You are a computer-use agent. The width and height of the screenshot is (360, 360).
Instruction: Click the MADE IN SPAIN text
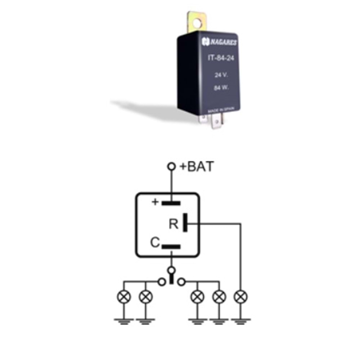point(220,110)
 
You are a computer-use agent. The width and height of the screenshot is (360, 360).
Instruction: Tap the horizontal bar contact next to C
point(171,247)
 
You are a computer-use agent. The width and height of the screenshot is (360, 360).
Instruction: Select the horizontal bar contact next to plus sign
point(171,203)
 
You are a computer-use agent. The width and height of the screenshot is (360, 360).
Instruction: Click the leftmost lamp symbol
point(124,297)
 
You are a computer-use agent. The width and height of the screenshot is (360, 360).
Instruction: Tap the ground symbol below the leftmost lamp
point(124,321)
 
